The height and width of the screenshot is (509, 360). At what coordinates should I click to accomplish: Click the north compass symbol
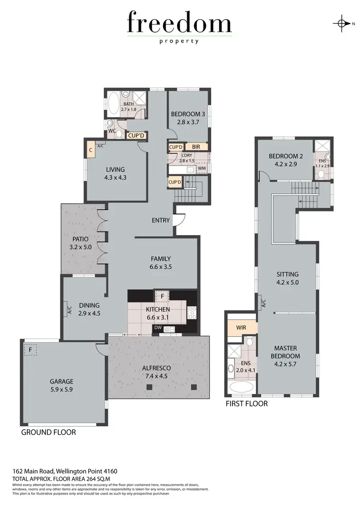click(x=341, y=23)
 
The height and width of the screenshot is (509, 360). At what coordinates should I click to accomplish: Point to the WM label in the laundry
click(x=202, y=168)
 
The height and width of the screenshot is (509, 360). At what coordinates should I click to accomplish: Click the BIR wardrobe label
click(x=196, y=147)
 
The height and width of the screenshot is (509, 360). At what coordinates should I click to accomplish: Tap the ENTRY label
click(x=161, y=220)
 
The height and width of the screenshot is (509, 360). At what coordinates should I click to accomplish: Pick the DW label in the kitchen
click(x=158, y=328)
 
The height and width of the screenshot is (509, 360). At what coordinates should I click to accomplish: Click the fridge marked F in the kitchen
click(x=162, y=296)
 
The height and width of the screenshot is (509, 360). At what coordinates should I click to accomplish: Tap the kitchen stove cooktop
click(x=192, y=312)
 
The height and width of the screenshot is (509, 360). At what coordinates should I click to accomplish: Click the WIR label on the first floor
click(x=241, y=328)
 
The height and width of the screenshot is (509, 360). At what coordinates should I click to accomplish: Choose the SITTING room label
click(x=288, y=274)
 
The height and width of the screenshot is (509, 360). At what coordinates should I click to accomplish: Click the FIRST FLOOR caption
click(x=247, y=404)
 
